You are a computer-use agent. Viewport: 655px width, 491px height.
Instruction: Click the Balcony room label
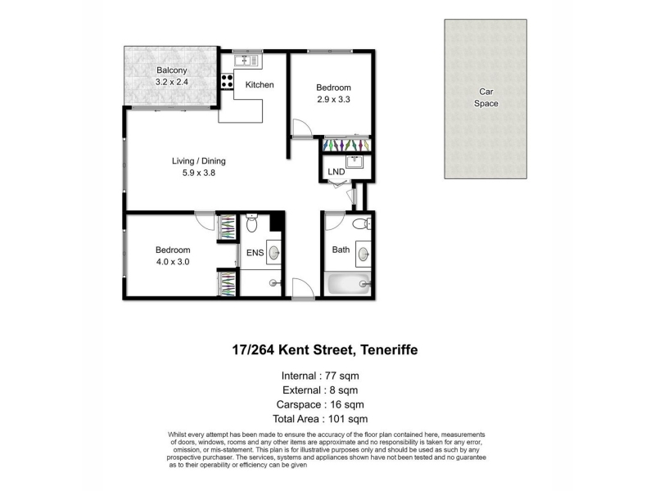point(171,70)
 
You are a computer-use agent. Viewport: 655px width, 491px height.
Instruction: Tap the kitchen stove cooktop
point(227,81)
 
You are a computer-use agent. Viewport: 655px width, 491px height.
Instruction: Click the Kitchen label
point(260,85)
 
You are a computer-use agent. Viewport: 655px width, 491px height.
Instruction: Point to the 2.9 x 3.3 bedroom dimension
point(333,99)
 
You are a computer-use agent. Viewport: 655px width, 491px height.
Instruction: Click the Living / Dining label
point(199,160)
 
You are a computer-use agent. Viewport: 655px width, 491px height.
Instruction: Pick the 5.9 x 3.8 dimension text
point(199,173)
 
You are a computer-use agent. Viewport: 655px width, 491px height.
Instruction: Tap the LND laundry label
point(337,172)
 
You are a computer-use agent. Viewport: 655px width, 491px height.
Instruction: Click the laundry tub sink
point(355,161)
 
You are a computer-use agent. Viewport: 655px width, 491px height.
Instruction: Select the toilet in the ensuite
point(252,223)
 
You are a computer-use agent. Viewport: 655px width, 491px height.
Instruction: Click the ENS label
point(255,253)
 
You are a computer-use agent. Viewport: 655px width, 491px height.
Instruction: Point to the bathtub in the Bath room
point(350,283)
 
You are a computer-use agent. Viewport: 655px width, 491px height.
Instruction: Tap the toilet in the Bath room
point(361,224)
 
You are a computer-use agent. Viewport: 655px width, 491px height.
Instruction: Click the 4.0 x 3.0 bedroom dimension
point(173,262)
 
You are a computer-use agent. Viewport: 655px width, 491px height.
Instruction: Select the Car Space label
point(486,97)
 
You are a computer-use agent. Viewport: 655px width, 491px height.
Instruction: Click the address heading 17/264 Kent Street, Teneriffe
point(325,349)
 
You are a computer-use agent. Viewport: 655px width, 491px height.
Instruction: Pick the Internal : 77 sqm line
point(320,376)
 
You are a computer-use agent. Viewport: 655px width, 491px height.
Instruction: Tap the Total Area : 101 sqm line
point(320,419)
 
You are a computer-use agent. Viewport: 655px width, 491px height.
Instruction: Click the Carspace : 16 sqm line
point(320,404)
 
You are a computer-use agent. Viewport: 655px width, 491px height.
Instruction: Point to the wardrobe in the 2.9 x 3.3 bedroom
point(346,145)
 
